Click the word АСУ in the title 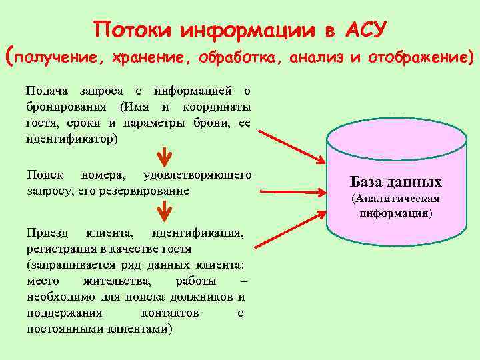pyautogui.click(x=365, y=31)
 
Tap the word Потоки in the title pyautogui.click(x=132, y=31)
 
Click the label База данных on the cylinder pyautogui.click(x=395, y=182)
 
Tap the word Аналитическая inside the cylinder pyautogui.click(x=396, y=199)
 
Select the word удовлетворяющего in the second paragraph pyautogui.click(x=197, y=175)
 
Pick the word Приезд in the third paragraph pyautogui.click(x=47, y=233)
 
